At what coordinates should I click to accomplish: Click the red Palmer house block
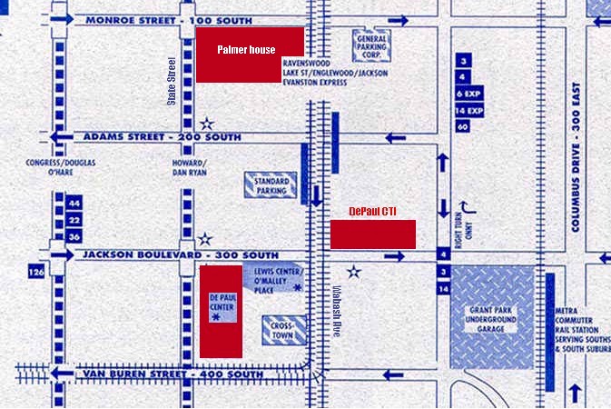(251, 55)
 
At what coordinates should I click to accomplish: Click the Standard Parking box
(270, 185)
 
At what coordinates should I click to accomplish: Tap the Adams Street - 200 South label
(163, 136)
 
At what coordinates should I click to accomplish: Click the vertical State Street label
(172, 82)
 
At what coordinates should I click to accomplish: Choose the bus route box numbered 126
(37, 272)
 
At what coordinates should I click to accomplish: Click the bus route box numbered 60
(463, 126)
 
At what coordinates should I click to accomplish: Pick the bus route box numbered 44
(74, 204)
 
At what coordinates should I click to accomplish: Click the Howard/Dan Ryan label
(191, 168)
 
